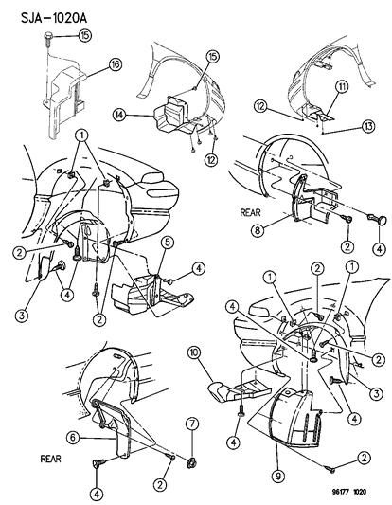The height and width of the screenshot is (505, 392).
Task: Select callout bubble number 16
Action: tap(116, 64)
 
